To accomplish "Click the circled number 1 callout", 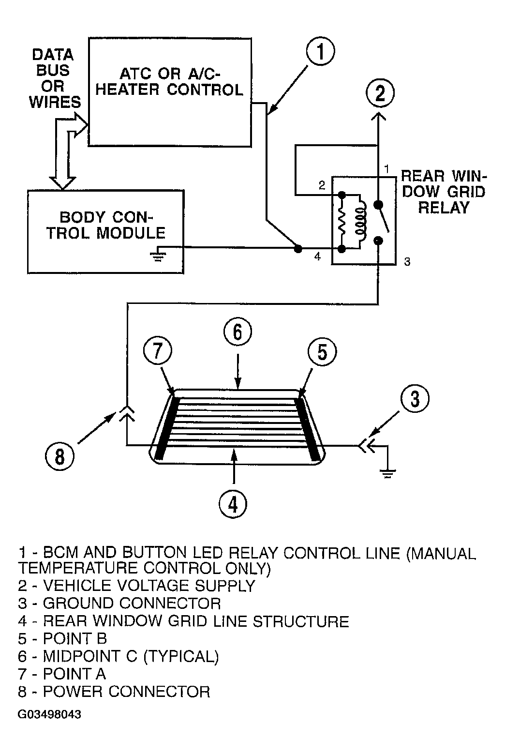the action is (320, 51).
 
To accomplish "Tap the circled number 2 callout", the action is (380, 93).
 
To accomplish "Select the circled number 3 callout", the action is (415, 398).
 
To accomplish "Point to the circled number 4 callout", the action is (233, 505).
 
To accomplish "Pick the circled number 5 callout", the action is (322, 352).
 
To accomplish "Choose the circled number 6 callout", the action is (238, 332).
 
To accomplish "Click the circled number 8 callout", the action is (59, 457).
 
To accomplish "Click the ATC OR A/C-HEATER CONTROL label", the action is (169, 82).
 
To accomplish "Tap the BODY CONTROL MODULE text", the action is (106, 225).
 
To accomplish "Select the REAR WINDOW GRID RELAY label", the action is (444, 192).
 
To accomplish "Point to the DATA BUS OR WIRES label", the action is (55, 78).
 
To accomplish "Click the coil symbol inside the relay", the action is (360, 222).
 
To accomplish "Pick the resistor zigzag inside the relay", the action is (342, 222).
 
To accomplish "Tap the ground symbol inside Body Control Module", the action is (158, 255).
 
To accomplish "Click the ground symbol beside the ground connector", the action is (388, 473).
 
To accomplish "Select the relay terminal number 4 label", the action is (317, 257).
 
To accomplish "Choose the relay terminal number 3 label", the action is (407, 262).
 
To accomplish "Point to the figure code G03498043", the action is (49, 714).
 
